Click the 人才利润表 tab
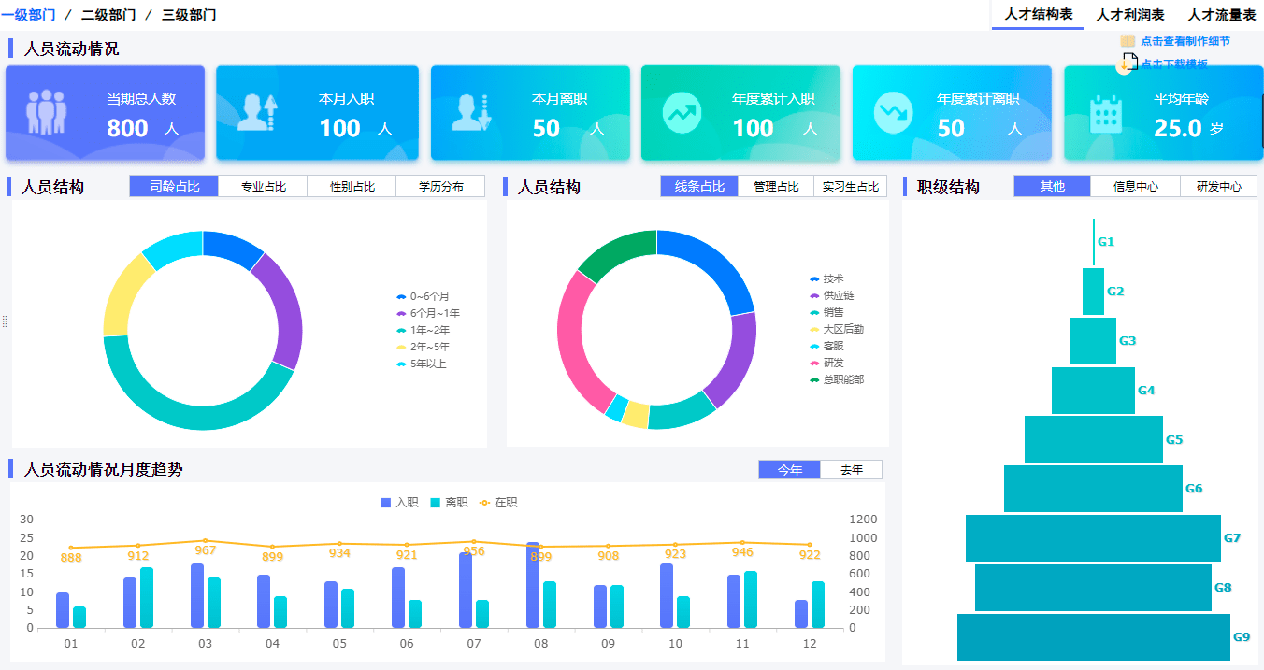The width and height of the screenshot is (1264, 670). point(1130,15)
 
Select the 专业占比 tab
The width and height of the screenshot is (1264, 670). point(263,187)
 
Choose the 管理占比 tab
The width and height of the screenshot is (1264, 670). point(776,187)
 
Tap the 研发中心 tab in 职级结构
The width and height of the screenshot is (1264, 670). point(1219,187)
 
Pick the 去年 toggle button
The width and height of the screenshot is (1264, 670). point(851,470)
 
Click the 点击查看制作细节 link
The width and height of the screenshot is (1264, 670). point(1185,41)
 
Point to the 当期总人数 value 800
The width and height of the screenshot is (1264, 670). point(127,128)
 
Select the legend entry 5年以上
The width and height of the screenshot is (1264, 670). point(427,364)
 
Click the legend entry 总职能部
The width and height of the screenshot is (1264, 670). point(842,379)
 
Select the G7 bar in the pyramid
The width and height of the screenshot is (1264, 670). point(1093,538)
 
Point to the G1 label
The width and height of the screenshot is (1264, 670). point(1106,242)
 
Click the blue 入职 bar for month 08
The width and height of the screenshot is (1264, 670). point(533,585)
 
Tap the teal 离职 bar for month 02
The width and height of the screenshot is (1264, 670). point(147,598)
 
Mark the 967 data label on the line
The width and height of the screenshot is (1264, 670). point(205,550)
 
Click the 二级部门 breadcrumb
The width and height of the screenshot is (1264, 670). point(108,15)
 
